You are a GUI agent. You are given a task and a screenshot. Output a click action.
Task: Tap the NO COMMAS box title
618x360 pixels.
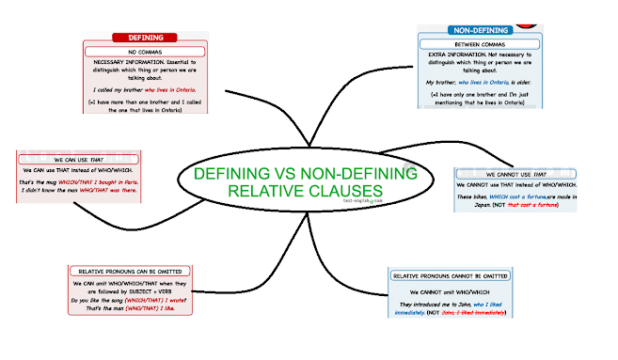tap(144, 52)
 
